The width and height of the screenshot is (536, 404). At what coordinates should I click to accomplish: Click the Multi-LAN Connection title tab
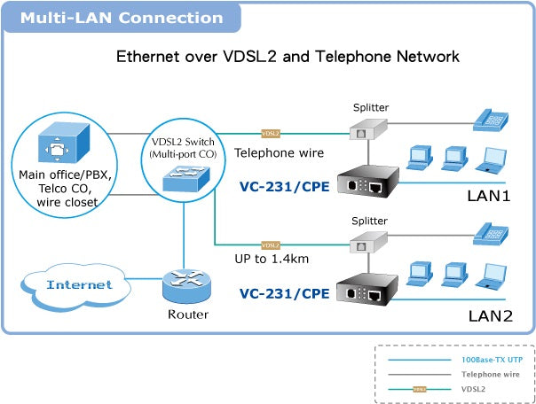click(x=122, y=18)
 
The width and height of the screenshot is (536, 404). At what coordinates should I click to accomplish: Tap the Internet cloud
click(x=79, y=284)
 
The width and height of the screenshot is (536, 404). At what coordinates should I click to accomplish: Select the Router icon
click(x=187, y=285)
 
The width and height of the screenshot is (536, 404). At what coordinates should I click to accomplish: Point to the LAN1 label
click(x=489, y=194)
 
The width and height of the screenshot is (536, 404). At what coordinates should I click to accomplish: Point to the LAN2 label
click(x=489, y=314)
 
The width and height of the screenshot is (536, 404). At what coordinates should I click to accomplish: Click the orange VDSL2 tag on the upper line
click(x=271, y=134)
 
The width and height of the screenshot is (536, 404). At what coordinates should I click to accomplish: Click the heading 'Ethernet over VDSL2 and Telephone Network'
click(x=288, y=57)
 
